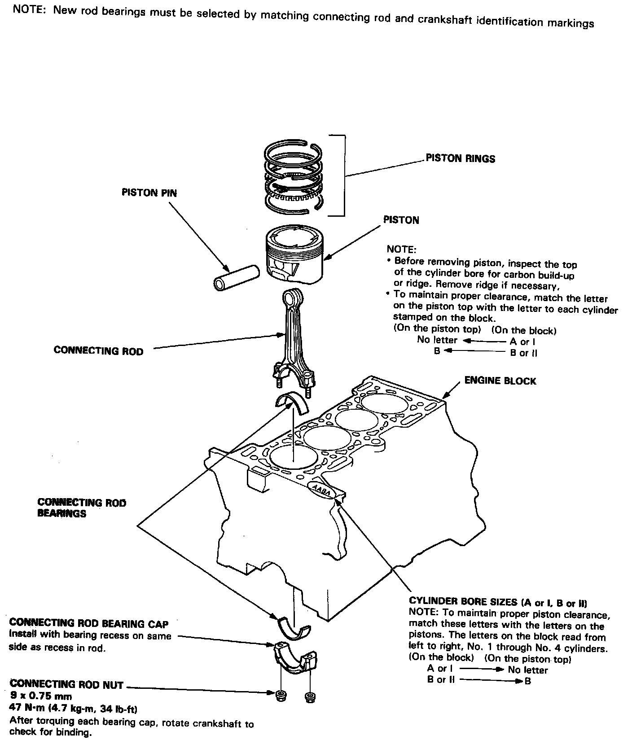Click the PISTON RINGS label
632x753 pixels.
coord(460,158)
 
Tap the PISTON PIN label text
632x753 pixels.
coord(149,193)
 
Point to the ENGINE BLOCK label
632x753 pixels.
coord(500,381)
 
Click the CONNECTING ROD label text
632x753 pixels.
coord(98,350)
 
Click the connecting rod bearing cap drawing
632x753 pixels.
coord(296,658)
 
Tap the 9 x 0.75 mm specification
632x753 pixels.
coord(40,696)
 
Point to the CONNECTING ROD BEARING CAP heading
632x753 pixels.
coord(89,623)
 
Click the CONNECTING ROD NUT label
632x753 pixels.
coord(66,684)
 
